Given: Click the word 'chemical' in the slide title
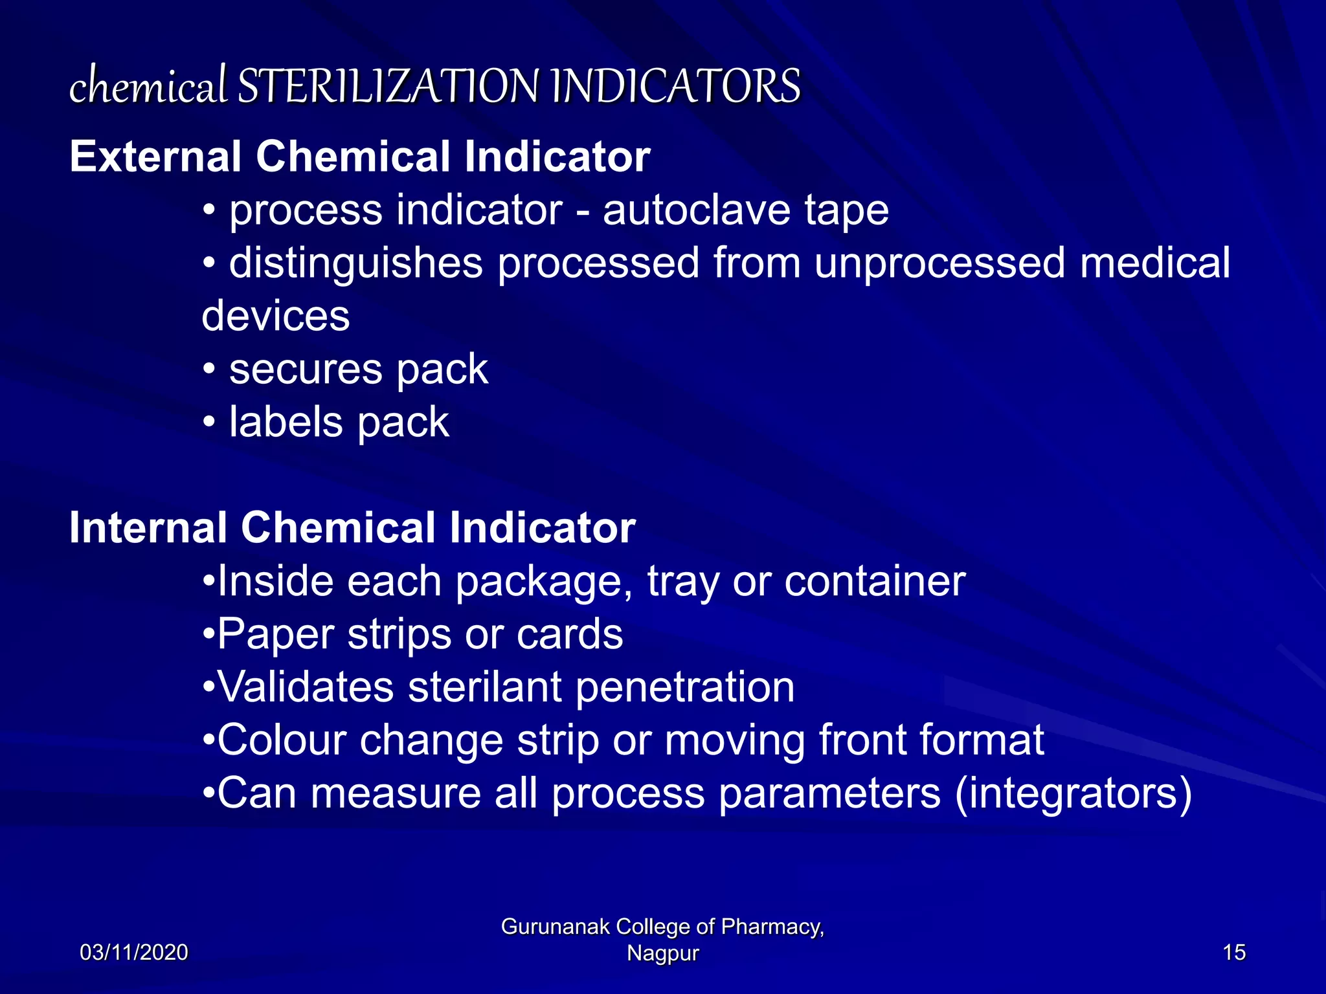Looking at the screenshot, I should pos(148,86).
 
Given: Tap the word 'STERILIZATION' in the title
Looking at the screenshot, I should pos(387,86).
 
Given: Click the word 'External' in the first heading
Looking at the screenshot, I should pos(155,157).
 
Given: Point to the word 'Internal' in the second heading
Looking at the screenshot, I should pos(148,527).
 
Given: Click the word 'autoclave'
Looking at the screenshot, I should pos(697,210).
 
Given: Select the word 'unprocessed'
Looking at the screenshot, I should pos(939,263).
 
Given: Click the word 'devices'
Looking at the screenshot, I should pos(276,316).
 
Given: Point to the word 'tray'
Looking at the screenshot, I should pos(682,582).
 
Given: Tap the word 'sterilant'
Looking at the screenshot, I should pos(484,687).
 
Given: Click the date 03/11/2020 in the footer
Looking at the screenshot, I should pos(134,953).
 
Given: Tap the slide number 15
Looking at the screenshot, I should pos(1234,953).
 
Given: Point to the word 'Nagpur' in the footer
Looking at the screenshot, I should pos(663,953).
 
